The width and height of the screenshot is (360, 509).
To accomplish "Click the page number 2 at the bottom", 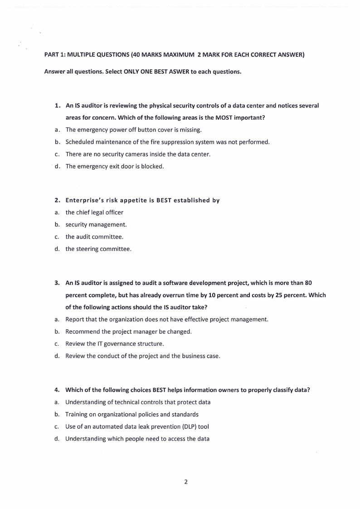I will point(186,482).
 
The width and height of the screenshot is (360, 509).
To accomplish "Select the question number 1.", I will point(58,106).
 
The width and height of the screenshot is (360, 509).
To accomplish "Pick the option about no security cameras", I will point(138,154).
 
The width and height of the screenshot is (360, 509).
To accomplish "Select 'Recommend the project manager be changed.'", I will point(128,332).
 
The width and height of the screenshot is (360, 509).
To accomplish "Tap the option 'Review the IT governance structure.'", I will point(118,344).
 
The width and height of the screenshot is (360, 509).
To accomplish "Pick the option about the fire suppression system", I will point(167,142).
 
